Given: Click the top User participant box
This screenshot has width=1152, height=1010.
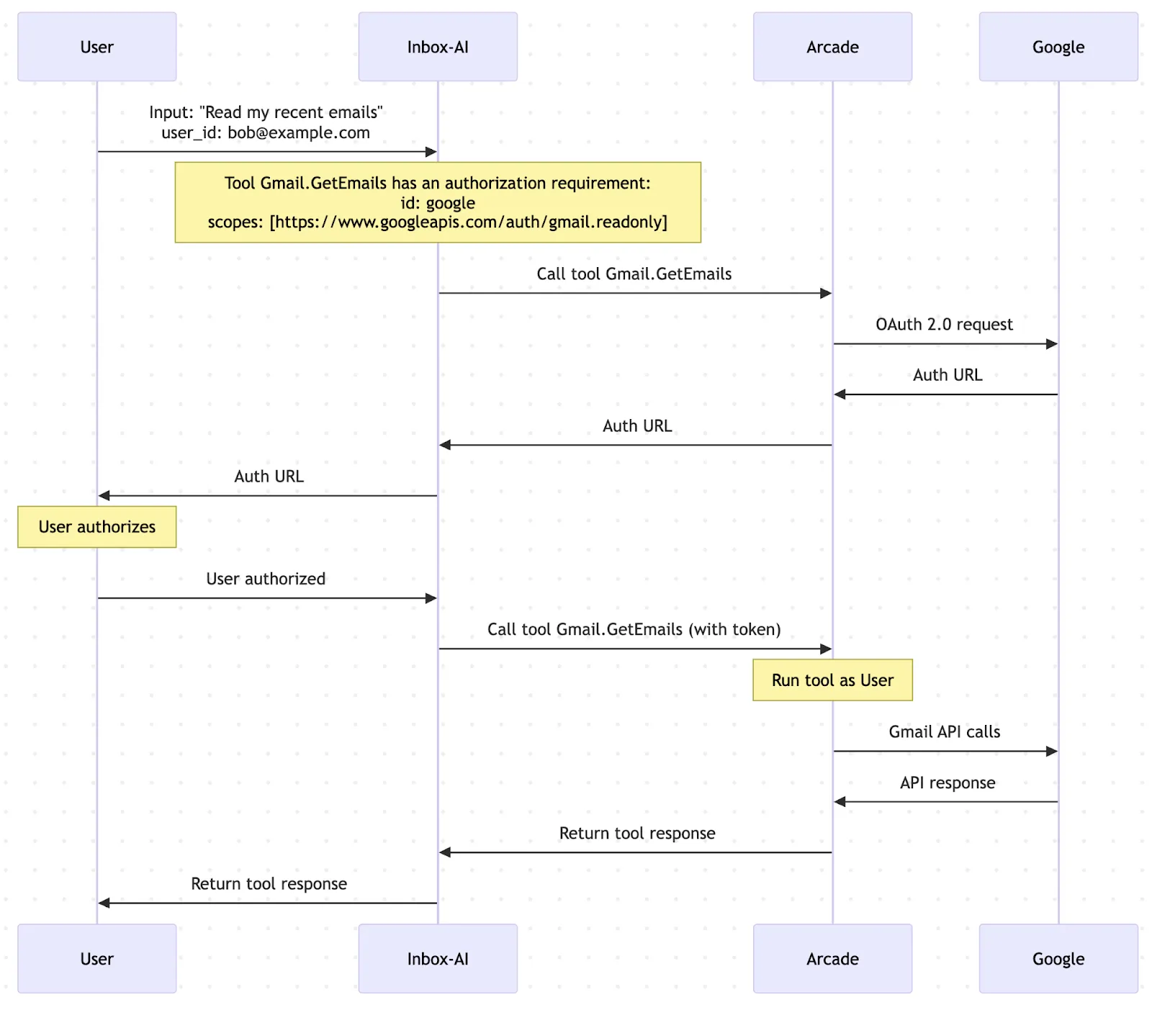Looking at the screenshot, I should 96,47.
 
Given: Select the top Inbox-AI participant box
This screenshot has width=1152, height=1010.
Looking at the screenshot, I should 438,47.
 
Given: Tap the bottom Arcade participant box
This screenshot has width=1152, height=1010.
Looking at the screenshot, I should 832,958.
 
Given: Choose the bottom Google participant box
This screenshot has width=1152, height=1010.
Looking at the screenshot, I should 1058,958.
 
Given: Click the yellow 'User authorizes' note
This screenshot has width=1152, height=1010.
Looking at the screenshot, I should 96,527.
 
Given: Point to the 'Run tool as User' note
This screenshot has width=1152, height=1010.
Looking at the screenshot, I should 832,680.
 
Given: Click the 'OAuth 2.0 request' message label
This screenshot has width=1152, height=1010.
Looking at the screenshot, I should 944,325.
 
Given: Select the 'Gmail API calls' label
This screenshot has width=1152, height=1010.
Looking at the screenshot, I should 944,732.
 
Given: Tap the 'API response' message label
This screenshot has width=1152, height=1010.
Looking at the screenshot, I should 948,783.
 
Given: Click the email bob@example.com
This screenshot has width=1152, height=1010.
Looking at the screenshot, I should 298,133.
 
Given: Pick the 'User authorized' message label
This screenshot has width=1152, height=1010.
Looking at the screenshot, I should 266,579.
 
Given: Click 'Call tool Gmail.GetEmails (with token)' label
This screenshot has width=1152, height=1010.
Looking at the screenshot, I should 634,630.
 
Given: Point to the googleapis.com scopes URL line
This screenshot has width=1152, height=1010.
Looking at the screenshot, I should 438,222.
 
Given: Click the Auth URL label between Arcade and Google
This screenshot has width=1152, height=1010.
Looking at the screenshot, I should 948,375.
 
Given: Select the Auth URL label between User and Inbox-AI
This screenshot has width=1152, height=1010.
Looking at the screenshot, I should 269,477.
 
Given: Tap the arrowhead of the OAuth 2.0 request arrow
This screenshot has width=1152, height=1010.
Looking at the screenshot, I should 1053,344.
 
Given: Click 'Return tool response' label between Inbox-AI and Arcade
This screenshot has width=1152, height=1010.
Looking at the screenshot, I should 637,834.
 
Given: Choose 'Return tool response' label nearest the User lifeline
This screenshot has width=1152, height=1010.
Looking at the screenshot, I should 269,884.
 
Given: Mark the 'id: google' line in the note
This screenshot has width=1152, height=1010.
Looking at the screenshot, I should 438,203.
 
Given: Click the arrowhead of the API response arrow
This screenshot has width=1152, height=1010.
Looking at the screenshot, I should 840,802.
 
